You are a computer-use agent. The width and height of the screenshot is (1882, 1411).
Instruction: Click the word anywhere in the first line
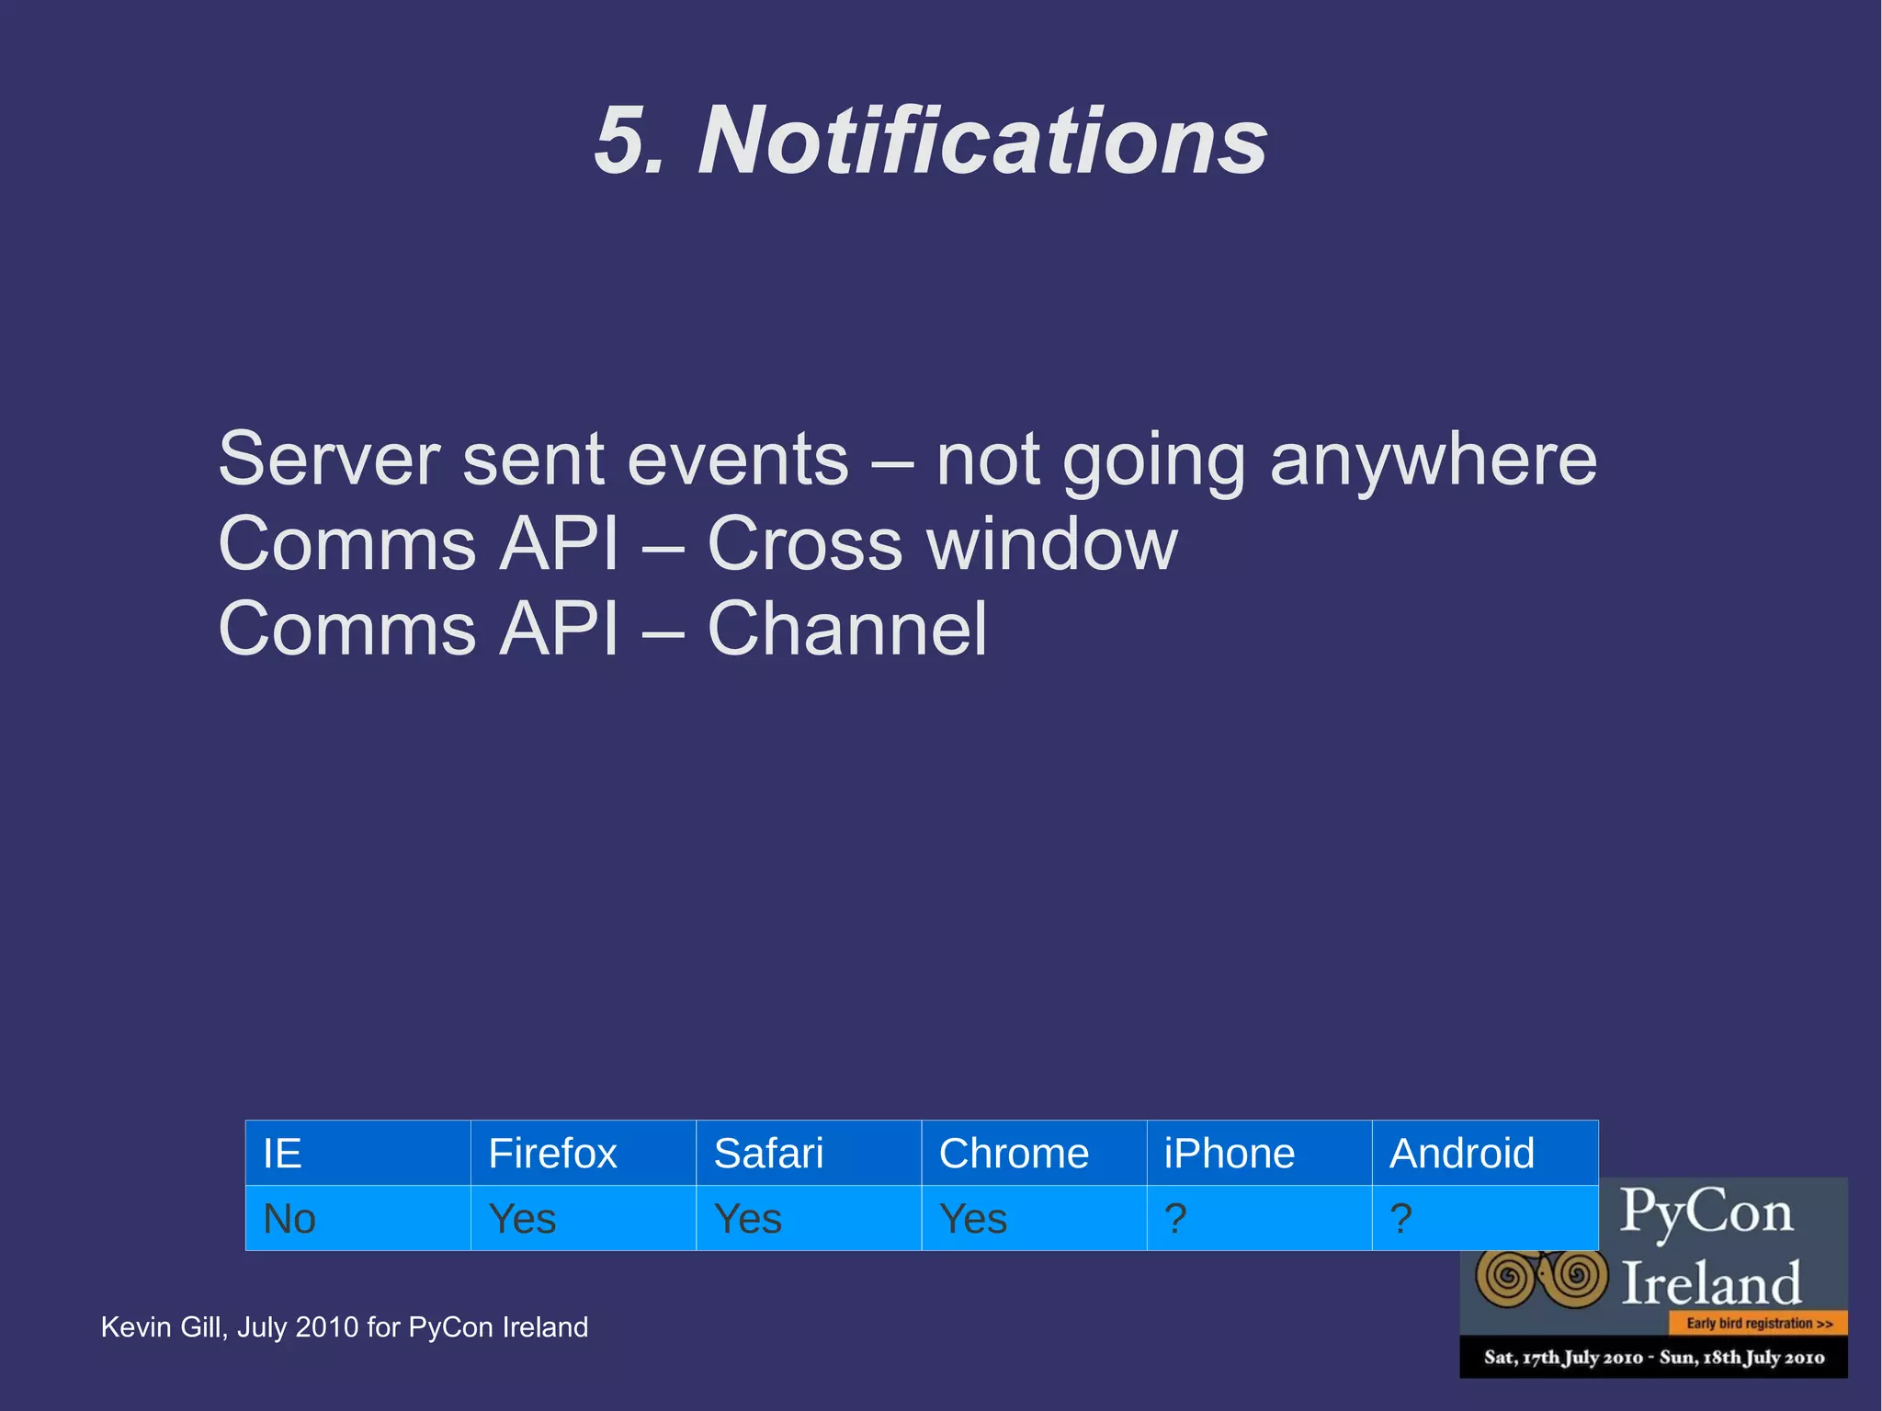coord(1433,460)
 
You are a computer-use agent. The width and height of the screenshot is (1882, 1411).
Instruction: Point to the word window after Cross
coord(1052,545)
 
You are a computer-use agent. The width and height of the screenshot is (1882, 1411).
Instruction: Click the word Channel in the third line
coord(846,630)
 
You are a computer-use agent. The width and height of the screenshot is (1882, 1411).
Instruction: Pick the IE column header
coord(282,1154)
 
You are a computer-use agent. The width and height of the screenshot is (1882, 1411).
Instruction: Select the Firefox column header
coord(552,1154)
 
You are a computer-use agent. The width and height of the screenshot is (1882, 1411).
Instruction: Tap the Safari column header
coord(768,1154)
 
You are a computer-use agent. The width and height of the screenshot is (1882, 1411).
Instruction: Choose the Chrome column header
coord(1014,1154)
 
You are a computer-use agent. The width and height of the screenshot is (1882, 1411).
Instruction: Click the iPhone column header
coord(1229,1154)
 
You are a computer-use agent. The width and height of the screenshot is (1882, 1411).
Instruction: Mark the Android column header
coord(1461,1154)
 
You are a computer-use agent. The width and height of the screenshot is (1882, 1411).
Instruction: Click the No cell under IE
coord(289,1219)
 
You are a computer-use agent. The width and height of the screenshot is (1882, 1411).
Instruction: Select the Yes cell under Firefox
coord(522,1219)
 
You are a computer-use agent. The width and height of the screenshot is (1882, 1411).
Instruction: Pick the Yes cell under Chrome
coord(973,1219)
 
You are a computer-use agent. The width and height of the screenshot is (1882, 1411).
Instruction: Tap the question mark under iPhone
coord(1175,1219)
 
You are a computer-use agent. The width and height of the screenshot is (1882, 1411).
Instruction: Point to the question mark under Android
coord(1400,1219)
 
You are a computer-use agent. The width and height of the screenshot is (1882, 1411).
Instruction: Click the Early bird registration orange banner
coord(1758,1324)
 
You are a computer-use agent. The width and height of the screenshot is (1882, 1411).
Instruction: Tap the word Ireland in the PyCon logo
coord(1710,1283)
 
